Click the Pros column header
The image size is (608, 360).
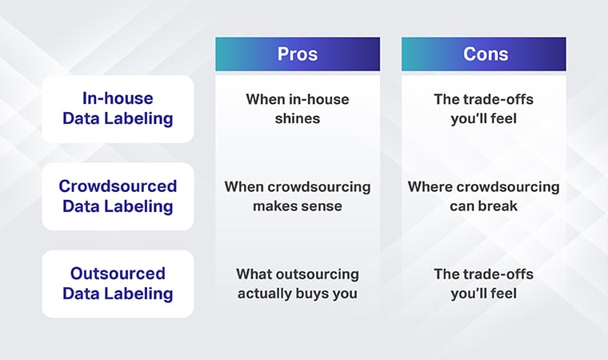pos(298,54)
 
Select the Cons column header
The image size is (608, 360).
pos(483,54)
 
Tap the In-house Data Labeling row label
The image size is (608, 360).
pos(117,109)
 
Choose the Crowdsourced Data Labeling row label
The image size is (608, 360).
pos(117,196)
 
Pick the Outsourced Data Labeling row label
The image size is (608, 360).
pos(117,283)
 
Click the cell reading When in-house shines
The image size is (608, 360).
pos(298,109)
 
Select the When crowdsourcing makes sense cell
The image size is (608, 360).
pos(298,196)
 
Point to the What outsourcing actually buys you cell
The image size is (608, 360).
pos(298,283)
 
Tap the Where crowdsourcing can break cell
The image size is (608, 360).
pos(483,196)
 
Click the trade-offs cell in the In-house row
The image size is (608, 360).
pos(483,109)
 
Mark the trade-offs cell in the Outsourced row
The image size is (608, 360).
pos(483,283)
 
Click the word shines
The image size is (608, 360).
pos(298,118)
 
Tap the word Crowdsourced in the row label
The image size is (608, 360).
pos(117,186)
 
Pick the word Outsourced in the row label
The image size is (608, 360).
pos(117,274)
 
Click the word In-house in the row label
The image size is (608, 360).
pos(117,98)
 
